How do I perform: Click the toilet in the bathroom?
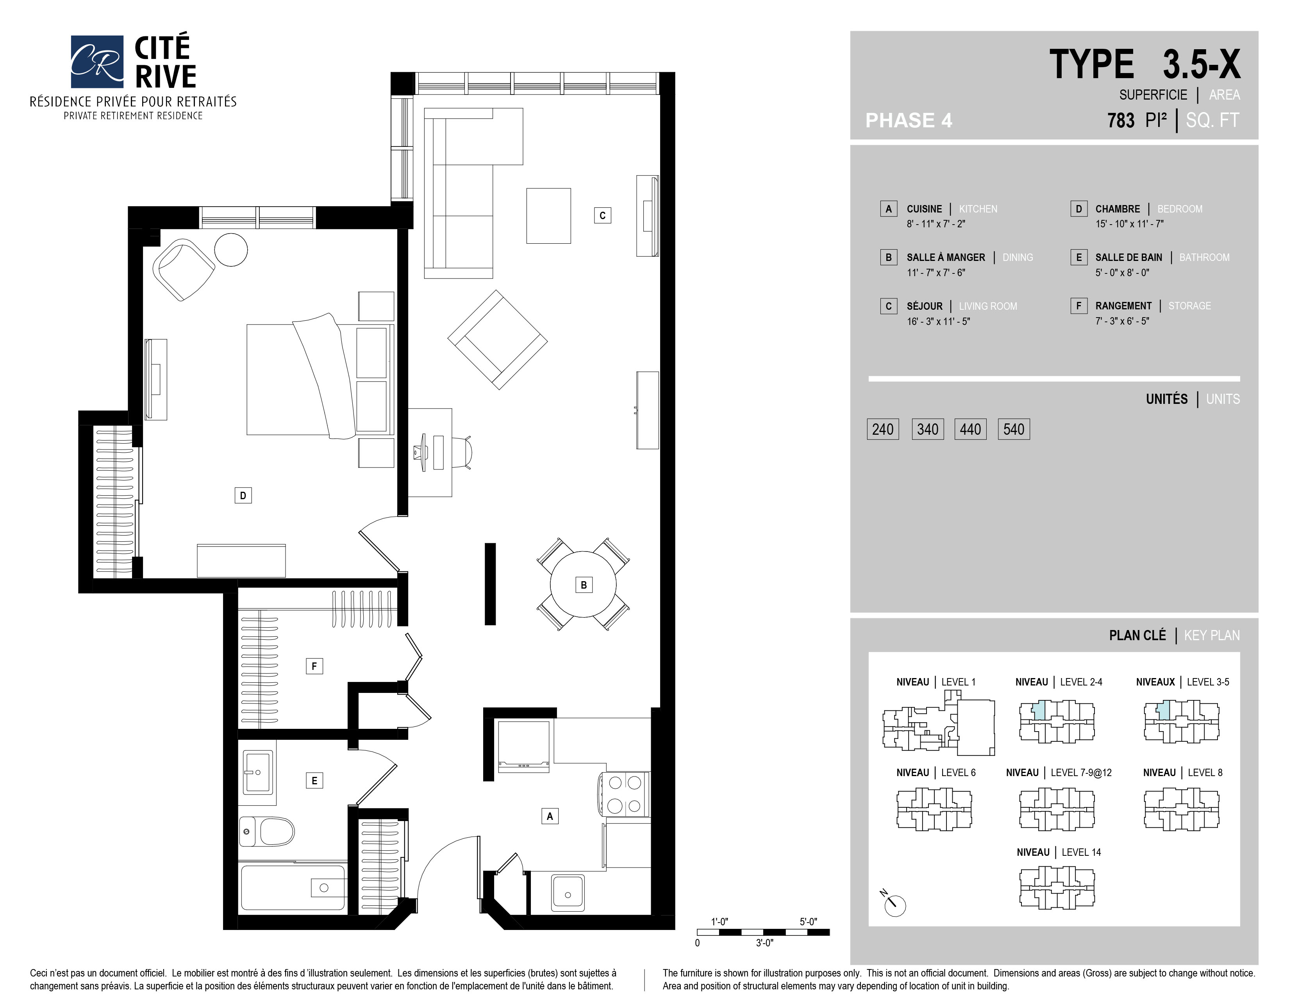[x=267, y=832]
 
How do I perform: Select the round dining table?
[x=583, y=584]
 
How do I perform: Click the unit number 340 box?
[x=928, y=429]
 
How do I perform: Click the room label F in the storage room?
[x=314, y=666]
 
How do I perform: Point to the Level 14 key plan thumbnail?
[x=1057, y=887]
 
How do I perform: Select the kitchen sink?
[x=568, y=893]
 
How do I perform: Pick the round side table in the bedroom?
[x=231, y=250]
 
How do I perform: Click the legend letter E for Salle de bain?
[x=1079, y=257]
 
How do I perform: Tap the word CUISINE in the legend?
[x=924, y=209]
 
